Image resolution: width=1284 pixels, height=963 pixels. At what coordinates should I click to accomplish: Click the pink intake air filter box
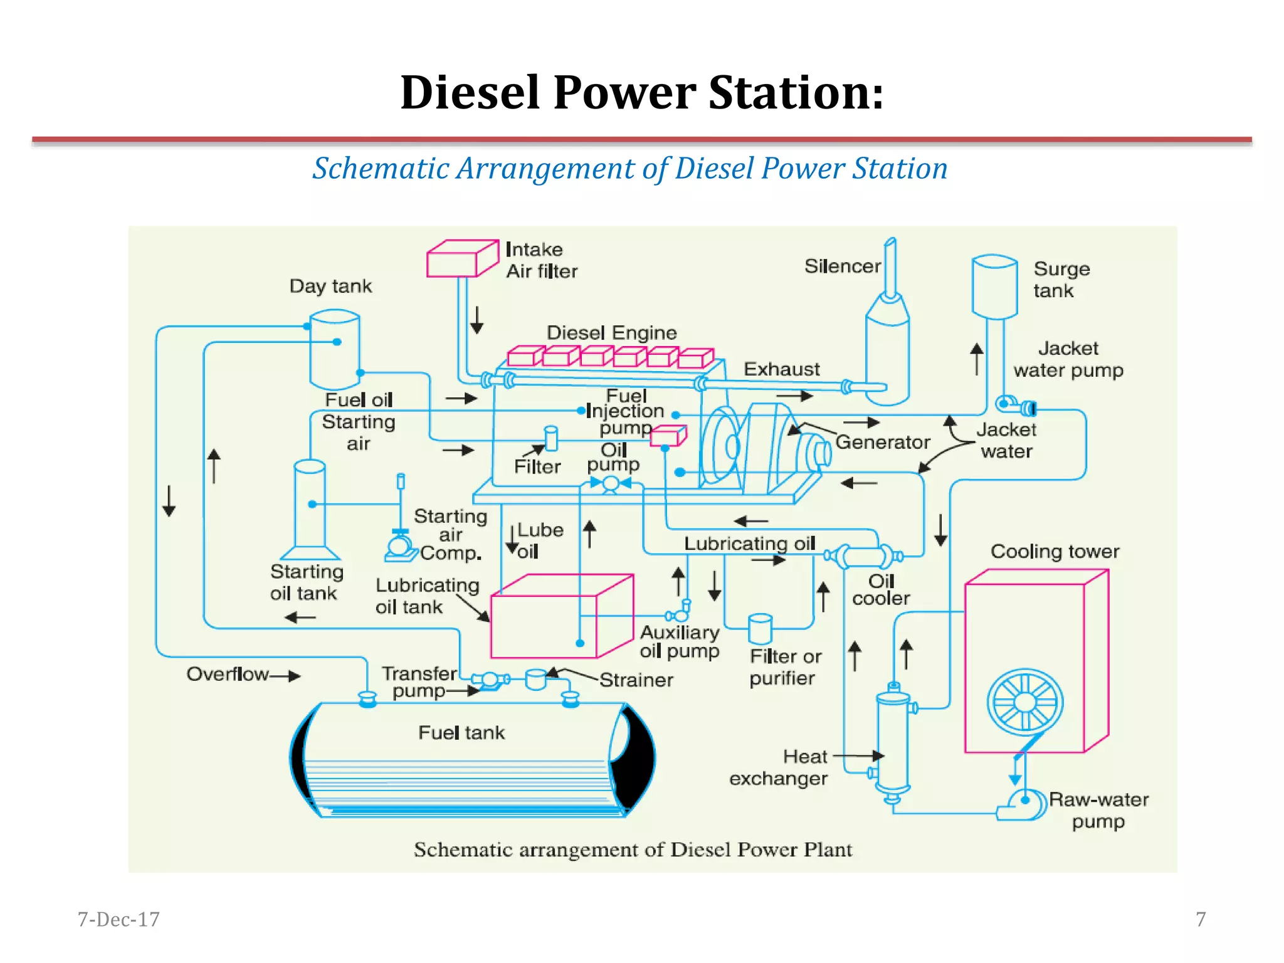461,259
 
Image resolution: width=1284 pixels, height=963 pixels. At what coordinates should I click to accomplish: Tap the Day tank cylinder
335,349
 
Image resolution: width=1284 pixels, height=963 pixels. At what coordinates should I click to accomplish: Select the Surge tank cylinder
994,287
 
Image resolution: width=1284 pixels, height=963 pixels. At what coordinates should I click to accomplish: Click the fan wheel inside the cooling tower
1025,702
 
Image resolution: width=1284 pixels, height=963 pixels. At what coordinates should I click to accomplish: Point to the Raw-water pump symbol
1023,804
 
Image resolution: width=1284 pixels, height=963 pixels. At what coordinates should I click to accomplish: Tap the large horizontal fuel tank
470,760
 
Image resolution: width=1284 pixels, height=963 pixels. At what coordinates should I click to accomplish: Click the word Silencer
842,266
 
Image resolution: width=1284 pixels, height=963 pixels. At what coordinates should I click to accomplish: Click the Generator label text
882,443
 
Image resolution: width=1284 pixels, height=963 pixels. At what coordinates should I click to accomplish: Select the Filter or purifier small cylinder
760,628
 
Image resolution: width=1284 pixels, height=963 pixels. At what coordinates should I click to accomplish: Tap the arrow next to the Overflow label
287,676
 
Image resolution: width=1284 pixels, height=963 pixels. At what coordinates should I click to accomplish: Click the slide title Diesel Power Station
642,93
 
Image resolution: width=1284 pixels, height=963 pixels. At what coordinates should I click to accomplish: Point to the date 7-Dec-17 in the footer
118,919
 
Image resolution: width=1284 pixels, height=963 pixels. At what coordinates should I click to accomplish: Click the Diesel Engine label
611,333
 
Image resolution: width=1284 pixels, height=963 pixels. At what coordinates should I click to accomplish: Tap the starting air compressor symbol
400,544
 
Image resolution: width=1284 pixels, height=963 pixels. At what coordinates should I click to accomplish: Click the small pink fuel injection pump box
668,435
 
